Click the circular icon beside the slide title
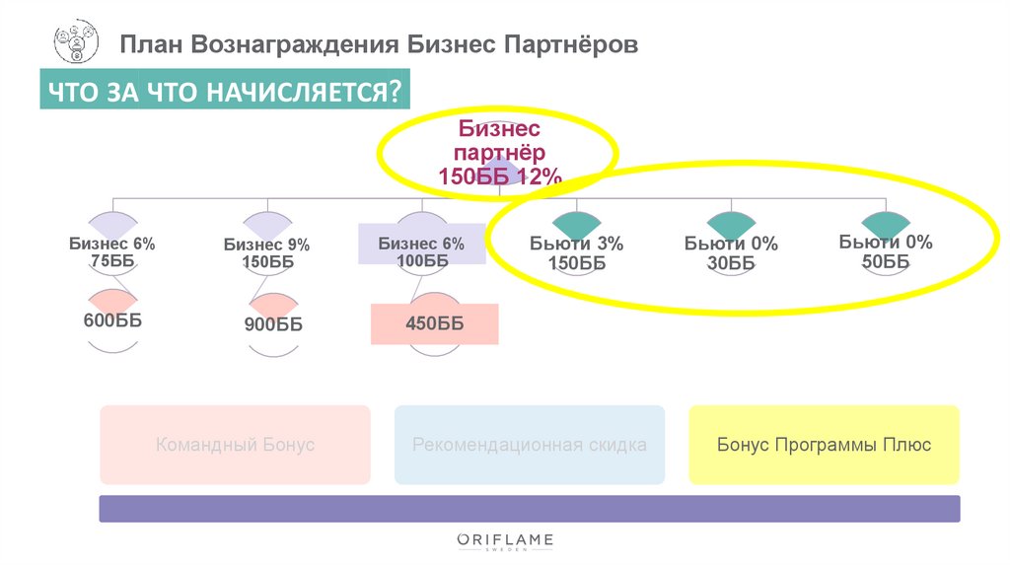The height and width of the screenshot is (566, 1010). click(x=75, y=43)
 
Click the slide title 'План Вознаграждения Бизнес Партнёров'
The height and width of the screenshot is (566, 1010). click(x=379, y=45)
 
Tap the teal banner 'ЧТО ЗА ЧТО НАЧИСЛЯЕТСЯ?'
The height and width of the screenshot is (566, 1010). click(x=224, y=92)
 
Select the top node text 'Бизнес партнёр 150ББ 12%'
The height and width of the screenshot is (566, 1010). click(x=499, y=153)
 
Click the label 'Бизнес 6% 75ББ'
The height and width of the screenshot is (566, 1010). click(x=111, y=252)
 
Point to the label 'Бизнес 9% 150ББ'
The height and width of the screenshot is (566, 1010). click(x=266, y=253)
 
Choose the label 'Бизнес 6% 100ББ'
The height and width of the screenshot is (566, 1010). click(x=420, y=251)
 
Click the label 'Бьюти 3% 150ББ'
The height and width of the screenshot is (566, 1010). click(x=576, y=253)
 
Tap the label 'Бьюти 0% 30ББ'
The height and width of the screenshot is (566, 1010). click(x=731, y=253)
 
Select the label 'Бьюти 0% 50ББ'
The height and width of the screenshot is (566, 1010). click(x=886, y=251)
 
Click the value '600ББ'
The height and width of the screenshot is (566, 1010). click(x=112, y=320)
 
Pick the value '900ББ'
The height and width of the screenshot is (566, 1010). click(x=273, y=324)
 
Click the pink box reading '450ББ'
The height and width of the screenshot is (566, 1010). click(x=434, y=323)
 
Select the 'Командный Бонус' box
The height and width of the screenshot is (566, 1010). click(x=235, y=445)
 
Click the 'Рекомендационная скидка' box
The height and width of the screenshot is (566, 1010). click(x=530, y=445)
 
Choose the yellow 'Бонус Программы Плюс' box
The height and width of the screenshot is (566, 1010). click(x=824, y=445)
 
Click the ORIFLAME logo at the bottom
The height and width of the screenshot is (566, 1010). click(x=505, y=540)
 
